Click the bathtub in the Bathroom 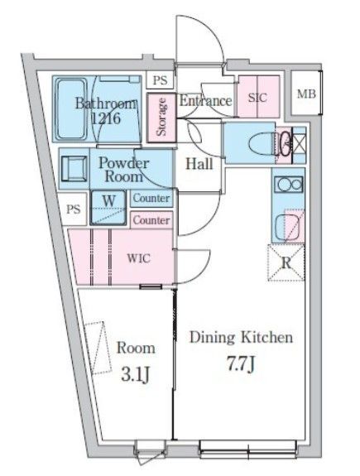[x=72, y=108]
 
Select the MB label [x=306, y=94]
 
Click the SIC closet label [x=257, y=98]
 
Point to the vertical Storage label [x=161, y=117]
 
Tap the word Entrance [x=206, y=101]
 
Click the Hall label [x=199, y=164]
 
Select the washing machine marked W [x=108, y=208]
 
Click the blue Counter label [x=151, y=199]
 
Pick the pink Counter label [x=151, y=220]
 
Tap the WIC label [x=138, y=258]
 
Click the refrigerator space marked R [x=286, y=262]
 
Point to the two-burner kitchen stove [x=288, y=184]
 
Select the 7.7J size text [x=240, y=364]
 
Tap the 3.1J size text [x=136, y=374]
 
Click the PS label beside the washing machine [x=74, y=209]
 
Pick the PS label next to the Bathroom [x=160, y=80]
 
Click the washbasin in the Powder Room [x=74, y=169]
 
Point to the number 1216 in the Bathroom [x=106, y=118]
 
